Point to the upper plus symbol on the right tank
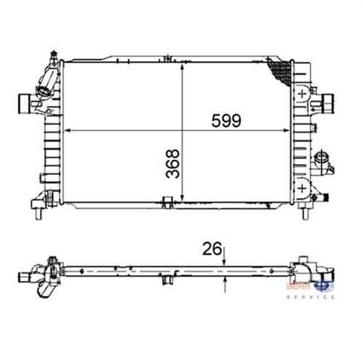301,94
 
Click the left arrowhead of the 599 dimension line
68,131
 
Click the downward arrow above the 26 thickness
225,263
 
